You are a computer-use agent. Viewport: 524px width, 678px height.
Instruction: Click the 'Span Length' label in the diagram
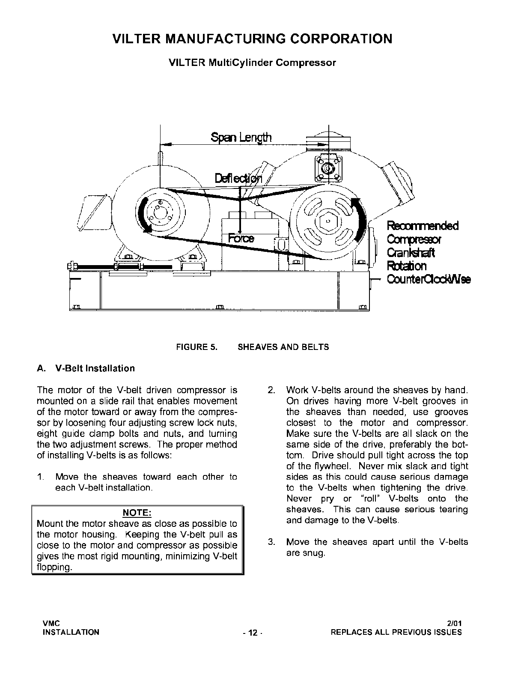tap(241, 137)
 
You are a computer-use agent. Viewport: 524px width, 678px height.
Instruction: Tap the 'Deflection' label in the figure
tap(238, 178)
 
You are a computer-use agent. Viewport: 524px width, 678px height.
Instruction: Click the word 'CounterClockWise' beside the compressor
tap(429, 279)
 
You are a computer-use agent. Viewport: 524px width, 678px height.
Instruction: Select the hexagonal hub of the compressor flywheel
tap(327, 221)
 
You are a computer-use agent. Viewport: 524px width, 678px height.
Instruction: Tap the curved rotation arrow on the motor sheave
tap(144, 214)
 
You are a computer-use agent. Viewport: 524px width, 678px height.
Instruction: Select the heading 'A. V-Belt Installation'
tap(86, 368)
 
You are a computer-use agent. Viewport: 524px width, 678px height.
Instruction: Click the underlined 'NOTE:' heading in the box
tap(137, 513)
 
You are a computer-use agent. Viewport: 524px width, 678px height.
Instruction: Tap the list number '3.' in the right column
tap(271, 542)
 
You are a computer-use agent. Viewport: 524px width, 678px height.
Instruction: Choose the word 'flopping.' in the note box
tap(54, 567)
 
